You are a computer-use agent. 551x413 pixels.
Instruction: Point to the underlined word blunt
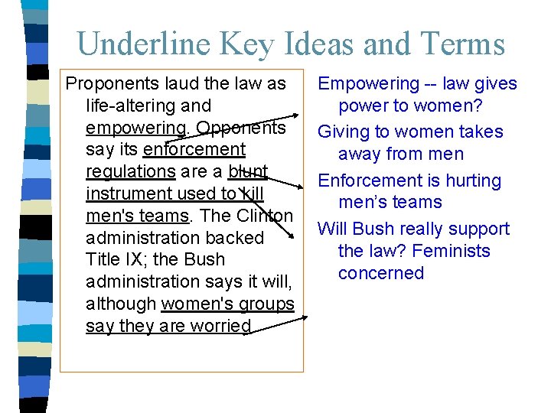pyautogui.click(x=247, y=171)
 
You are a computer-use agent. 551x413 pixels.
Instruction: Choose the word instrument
pyautogui.click(x=130, y=193)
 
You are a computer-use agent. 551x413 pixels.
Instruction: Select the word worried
pyautogui.click(x=220, y=326)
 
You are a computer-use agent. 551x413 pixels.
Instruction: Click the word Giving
pyautogui.click(x=344, y=132)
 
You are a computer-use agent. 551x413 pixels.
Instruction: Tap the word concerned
pyautogui.click(x=381, y=273)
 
